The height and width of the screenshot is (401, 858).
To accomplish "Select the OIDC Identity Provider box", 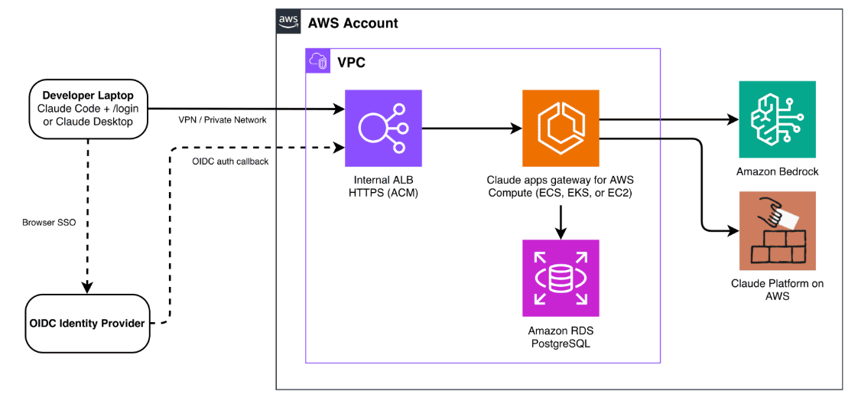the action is [87, 323].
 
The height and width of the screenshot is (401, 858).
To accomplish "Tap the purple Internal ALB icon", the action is [383, 129].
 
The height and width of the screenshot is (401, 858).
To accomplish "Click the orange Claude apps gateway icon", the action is [561, 129].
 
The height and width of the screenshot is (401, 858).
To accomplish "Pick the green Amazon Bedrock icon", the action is [777, 119].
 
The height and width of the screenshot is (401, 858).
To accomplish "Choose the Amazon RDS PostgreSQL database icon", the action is [561, 278].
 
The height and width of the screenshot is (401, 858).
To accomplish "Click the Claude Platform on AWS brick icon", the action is [777, 230].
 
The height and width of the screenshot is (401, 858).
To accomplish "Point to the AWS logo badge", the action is [288, 21].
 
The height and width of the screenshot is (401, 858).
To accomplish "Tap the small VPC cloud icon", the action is [317, 60].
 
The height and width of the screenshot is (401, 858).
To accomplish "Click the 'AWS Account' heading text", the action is [353, 23].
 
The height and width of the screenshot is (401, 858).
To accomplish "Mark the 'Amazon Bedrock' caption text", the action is [777, 171].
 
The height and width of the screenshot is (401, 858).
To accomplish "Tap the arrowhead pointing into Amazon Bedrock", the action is [733, 119].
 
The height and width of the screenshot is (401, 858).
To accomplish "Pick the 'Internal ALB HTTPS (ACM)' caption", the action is [383, 186].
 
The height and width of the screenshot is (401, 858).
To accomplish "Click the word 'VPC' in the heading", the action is [351, 62].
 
